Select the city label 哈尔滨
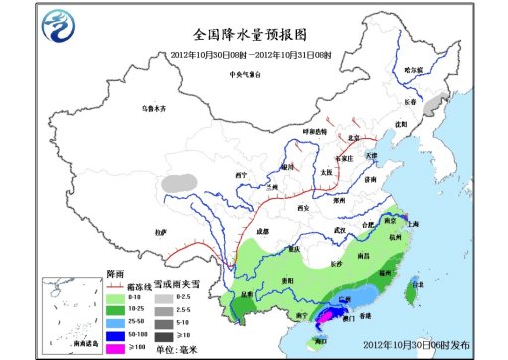[414, 70]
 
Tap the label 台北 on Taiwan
[404, 285]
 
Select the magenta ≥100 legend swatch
[113, 337]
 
